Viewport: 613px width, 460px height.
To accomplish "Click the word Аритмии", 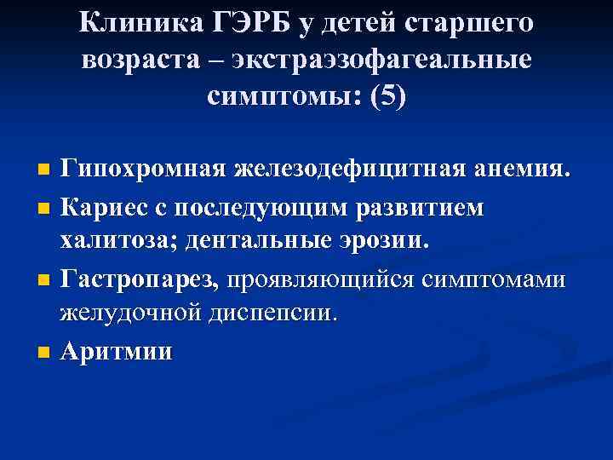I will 115,350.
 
